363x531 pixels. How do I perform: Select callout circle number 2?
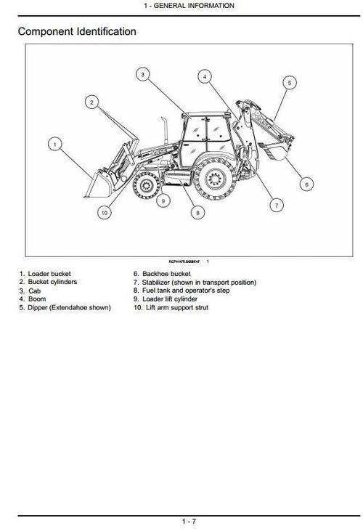pyautogui.click(x=91, y=102)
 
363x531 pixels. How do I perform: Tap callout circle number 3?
pyautogui.click(x=143, y=74)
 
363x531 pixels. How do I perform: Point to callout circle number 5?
pyautogui.click(x=288, y=83)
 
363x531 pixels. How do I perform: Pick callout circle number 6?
pyautogui.click(x=306, y=184)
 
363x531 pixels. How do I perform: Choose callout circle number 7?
pyautogui.click(x=276, y=206)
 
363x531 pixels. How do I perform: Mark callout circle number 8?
pyautogui.click(x=197, y=213)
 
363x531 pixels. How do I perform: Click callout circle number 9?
pyautogui.click(x=164, y=200)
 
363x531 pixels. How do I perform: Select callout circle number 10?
pyautogui.click(x=105, y=213)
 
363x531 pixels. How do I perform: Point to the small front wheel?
pyautogui.click(x=144, y=187)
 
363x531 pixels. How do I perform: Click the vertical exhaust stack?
pyautogui.click(x=166, y=133)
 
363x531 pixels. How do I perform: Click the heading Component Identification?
pyautogui.click(x=77, y=32)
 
